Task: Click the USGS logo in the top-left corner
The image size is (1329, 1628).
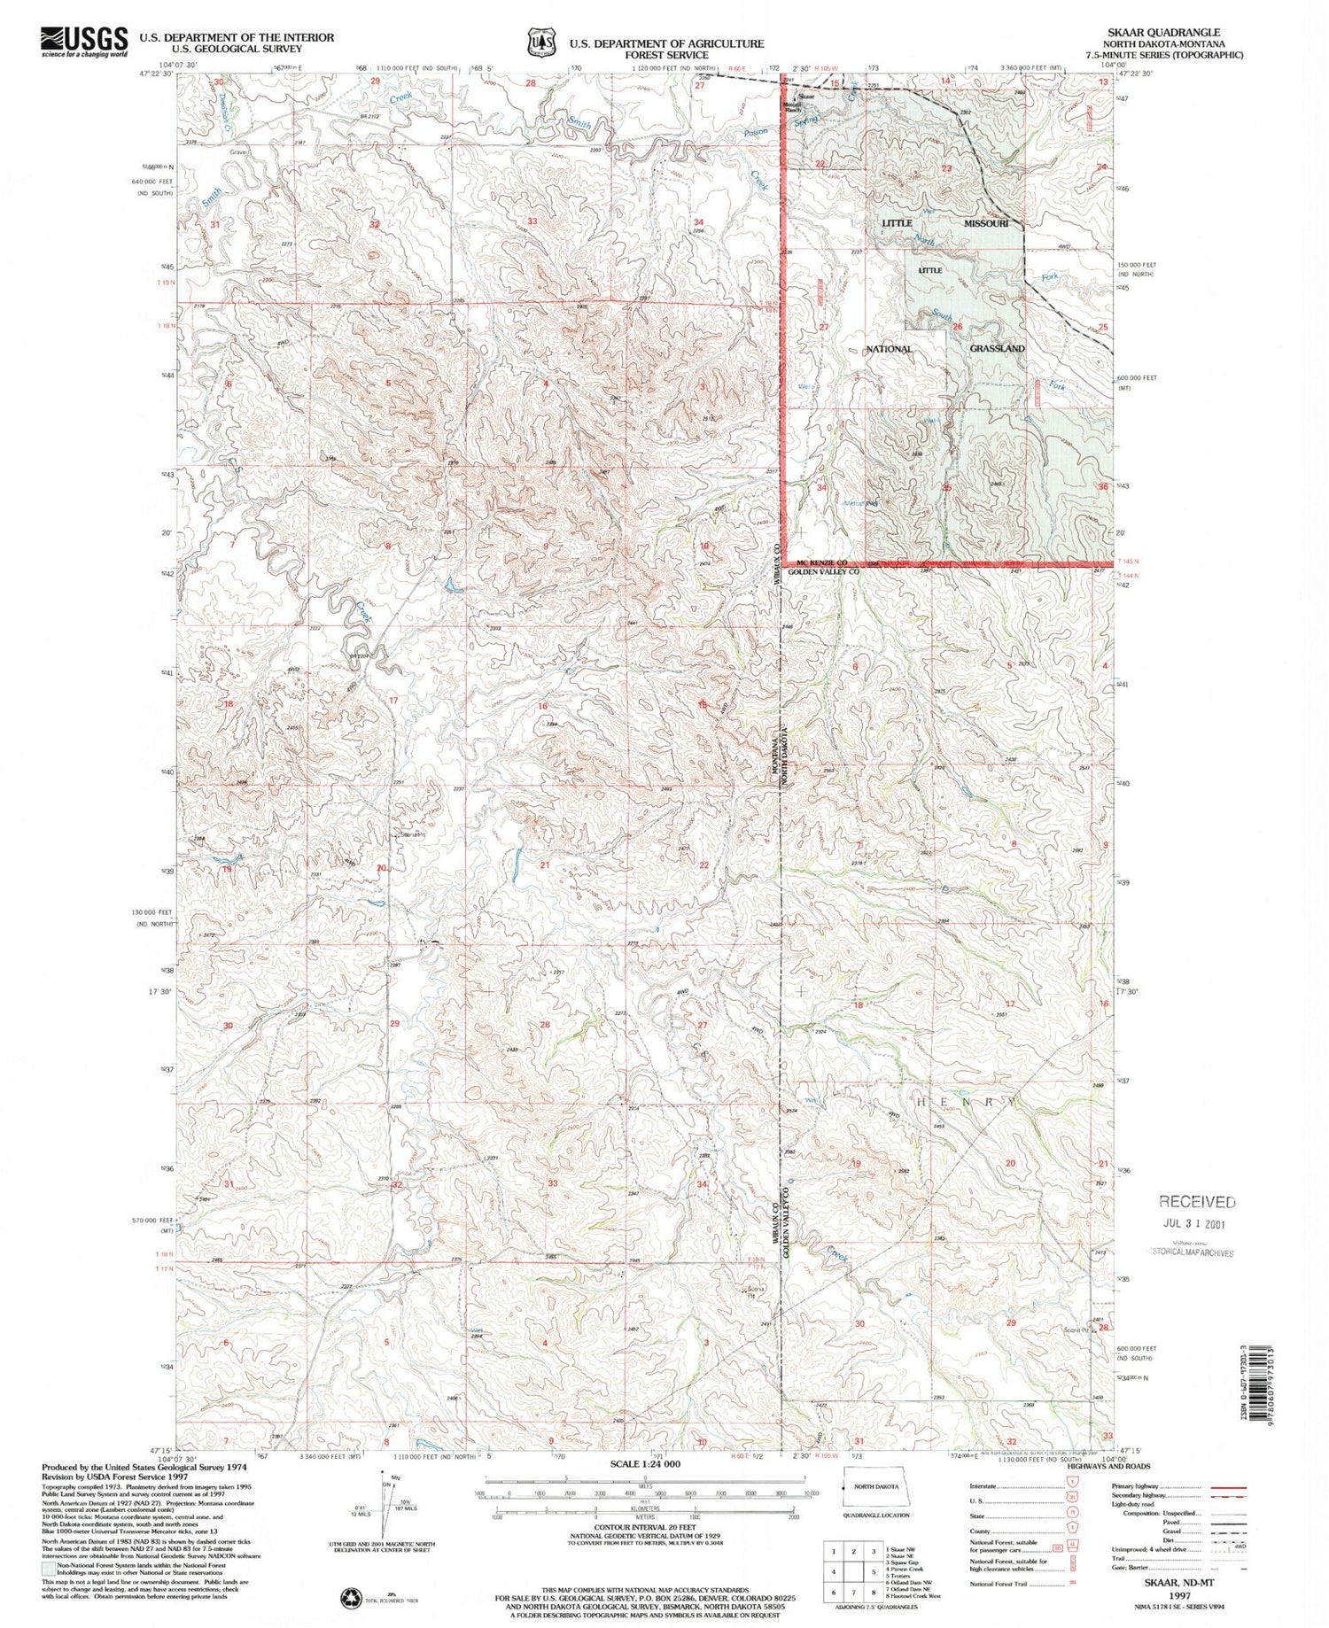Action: pos(84,41)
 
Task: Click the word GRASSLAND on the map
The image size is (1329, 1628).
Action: pos(997,348)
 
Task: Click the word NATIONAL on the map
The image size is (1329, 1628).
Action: pos(889,349)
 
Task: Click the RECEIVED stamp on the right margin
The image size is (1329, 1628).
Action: pos(1196,1201)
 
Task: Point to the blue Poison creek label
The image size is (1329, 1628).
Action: pos(756,132)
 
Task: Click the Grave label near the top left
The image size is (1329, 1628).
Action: pos(237,152)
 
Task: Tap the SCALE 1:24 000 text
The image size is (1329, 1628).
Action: pos(645,1464)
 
